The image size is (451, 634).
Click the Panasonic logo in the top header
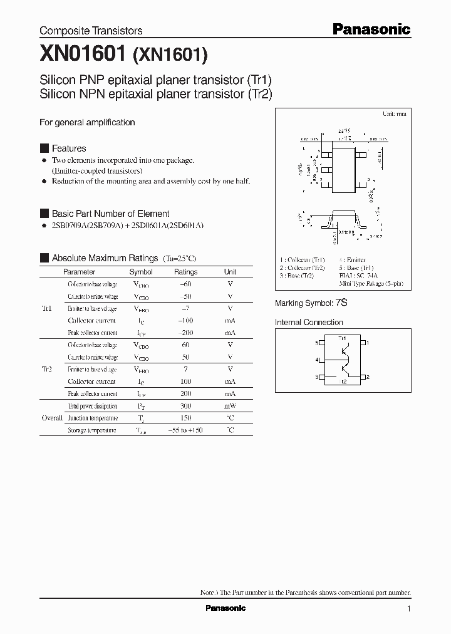371,29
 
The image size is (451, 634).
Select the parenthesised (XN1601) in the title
169,57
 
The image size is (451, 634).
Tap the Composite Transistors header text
91,31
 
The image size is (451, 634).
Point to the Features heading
69,148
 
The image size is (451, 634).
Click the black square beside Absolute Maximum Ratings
44,258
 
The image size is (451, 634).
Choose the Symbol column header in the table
141,272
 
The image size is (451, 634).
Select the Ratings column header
185,272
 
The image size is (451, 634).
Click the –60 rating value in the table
185,284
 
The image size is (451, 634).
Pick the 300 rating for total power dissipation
185,406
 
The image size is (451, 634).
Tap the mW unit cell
230,406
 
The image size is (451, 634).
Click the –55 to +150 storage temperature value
185,430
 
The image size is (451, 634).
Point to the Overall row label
52,418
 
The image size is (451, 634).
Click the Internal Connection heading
309,323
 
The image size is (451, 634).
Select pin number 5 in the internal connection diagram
318,343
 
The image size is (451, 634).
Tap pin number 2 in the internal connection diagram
367,377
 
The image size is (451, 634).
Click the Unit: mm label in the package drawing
394,114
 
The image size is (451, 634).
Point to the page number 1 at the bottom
408,609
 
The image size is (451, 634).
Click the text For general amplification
87,123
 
